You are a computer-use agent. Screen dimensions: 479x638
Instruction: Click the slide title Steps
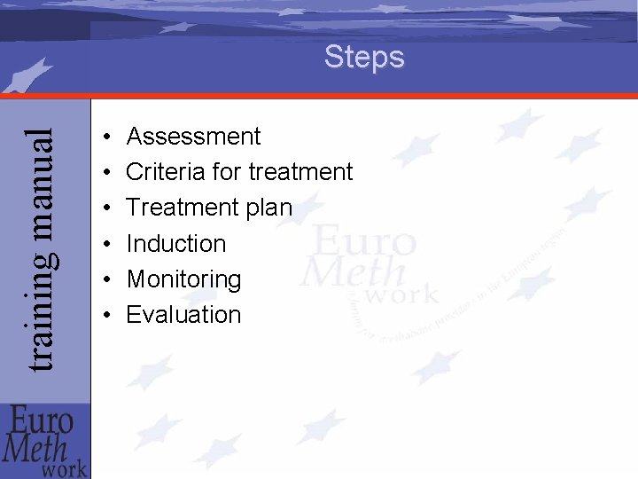pos(364,58)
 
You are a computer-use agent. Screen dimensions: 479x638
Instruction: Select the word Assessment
pos(193,137)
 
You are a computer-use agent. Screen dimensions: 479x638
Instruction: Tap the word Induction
pos(176,243)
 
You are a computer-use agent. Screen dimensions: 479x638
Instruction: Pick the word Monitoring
pos(183,279)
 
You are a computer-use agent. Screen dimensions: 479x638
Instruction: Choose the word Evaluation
pos(183,315)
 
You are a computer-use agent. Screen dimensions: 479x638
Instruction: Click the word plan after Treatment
pos(263,208)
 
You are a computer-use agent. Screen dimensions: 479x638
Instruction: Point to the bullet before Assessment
pos(105,137)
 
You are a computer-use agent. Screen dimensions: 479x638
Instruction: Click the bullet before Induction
pos(105,244)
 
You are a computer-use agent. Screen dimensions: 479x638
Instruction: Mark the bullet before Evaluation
pos(105,316)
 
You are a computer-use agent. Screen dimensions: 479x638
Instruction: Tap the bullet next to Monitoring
pos(105,280)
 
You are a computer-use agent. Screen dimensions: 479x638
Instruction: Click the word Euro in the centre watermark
pos(363,240)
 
